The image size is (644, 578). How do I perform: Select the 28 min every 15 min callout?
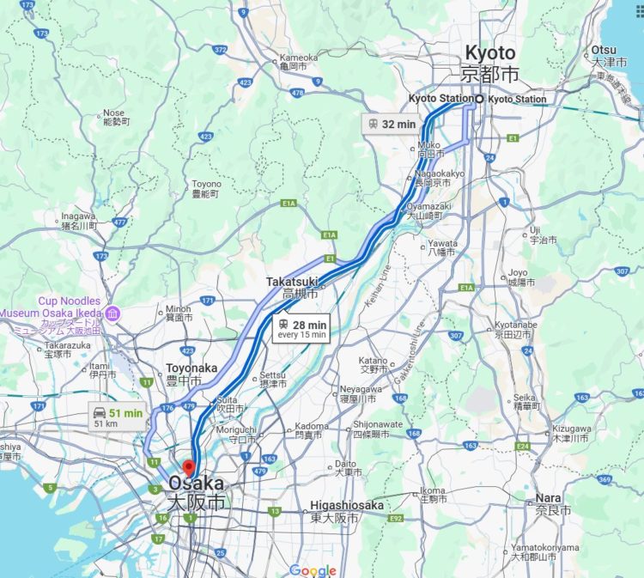(x=301, y=329)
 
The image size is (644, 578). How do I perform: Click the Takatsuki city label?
(x=292, y=282)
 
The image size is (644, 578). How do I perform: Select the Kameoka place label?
(x=299, y=58)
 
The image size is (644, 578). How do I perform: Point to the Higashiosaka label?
(x=347, y=506)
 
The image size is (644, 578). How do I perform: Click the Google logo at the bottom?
(x=313, y=570)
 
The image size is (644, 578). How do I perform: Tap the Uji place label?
(x=535, y=229)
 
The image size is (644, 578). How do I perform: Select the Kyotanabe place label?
(x=516, y=326)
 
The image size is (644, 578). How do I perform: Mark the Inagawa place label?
(x=78, y=216)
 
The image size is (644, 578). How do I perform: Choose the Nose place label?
(x=113, y=113)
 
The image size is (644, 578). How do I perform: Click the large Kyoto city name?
(x=490, y=53)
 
